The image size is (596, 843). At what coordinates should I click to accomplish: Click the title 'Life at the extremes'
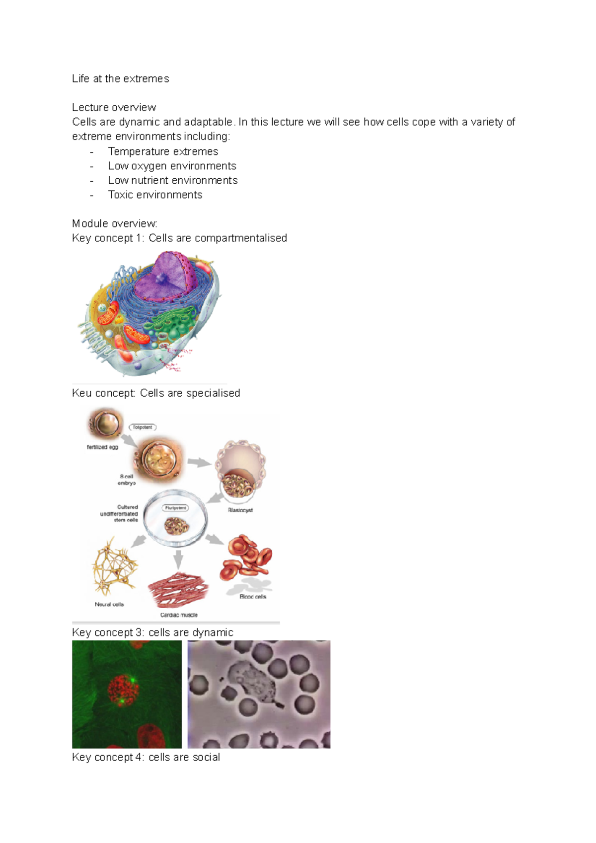coord(120,78)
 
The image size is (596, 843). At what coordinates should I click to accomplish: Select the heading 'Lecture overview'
coord(114,107)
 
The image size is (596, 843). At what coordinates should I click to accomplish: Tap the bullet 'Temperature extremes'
coord(163,151)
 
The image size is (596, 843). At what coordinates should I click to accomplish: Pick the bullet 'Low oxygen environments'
coord(172,166)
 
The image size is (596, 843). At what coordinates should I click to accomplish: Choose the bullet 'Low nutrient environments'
coord(173,180)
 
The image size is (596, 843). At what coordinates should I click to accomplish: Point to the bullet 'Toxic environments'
coord(155,195)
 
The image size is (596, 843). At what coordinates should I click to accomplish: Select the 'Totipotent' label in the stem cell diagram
coord(143,427)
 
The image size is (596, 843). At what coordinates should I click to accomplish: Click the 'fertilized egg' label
coord(102,447)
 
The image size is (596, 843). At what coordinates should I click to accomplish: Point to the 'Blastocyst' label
coord(240,510)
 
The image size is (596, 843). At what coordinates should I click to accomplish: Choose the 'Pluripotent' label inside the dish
coord(175,508)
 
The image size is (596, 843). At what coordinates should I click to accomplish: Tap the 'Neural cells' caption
coord(109,604)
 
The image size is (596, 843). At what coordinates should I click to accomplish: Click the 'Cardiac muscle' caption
coord(179,615)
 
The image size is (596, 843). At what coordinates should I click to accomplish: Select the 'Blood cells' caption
coord(253,597)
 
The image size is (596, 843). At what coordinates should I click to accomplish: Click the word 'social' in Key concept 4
coord(206,757)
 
